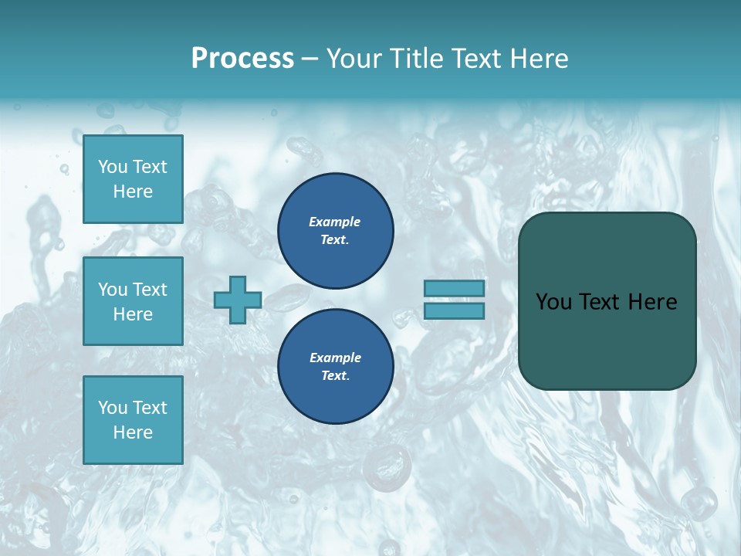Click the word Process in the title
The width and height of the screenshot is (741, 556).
click(242, 59)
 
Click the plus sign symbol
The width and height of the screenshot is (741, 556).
click(238, 300)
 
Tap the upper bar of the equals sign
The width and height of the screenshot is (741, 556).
click(454, 288)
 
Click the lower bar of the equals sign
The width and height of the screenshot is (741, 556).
click(454, 310)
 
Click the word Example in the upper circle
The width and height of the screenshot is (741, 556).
click(334, 222)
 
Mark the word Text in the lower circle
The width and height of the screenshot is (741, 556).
click(334, 376)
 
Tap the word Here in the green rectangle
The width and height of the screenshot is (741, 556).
click(652, 302)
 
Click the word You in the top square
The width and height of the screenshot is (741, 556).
click(113, 167)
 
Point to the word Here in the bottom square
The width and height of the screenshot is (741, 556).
click(133, 432)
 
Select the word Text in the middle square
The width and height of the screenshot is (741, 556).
click(149, 290)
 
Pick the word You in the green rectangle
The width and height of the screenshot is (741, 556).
click(553, 302)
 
